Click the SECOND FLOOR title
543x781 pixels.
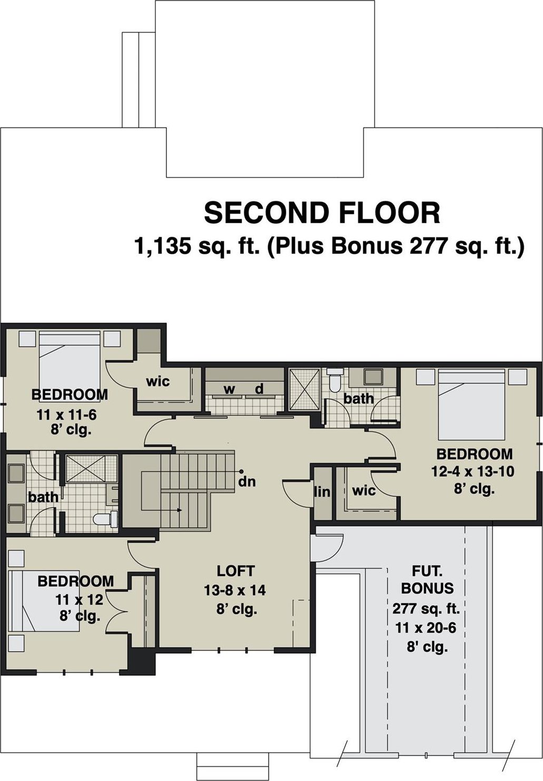point(322,213)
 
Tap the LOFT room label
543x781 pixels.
point(236,571)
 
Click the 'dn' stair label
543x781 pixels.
point(247,482)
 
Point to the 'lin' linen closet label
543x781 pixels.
point(322,492)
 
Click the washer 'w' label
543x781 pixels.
point(229,389)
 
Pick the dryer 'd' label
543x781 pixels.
point(259,388)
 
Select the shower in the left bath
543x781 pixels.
point(92,468)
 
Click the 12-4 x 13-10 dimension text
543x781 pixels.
point(472,472)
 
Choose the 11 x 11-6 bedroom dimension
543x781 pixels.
point(66,415)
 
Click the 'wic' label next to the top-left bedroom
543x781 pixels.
point(158,382)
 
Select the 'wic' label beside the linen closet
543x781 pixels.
point(364,491)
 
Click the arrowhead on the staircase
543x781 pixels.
point(179,510)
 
